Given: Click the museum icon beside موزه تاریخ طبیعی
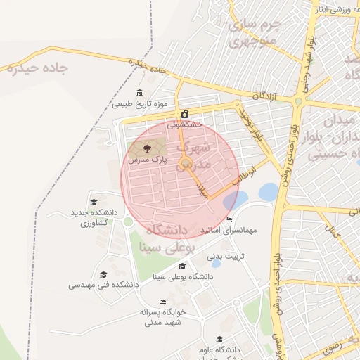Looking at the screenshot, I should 139,94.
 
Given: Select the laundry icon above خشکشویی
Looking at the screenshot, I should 184,114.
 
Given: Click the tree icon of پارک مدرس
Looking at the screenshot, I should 147,148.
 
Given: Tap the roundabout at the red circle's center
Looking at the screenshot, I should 184,165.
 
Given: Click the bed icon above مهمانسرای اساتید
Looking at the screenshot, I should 229,220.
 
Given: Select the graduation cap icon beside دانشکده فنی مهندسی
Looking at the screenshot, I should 103,275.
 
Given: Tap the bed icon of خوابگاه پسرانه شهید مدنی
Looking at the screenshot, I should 163,302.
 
